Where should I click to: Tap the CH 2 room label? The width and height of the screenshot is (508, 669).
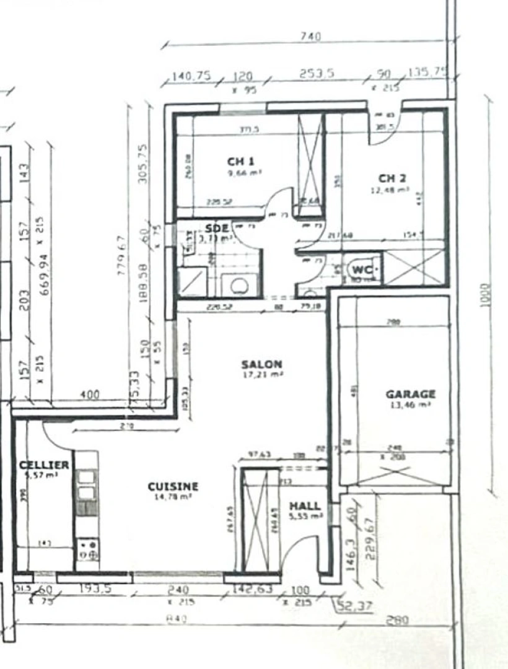(x=392, y=178)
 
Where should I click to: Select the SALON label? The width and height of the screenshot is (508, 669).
(x=261, y=364)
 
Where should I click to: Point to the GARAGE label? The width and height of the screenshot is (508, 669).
(x=410, y=394)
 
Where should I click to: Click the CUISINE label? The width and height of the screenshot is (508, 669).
(x=173, y=487)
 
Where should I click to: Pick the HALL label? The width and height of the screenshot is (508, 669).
(x=305, y=506)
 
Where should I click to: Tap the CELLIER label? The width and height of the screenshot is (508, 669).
(x=44, y=465)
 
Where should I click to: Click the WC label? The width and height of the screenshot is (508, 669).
(x=361, y=270)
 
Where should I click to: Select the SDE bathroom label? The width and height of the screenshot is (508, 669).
(x=217, y=228)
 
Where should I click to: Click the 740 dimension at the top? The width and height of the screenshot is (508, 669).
(x=310, y=37)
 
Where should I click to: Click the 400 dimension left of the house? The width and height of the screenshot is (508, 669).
(x=90, y=395)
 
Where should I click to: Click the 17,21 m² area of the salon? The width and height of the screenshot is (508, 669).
(x=261, y=375)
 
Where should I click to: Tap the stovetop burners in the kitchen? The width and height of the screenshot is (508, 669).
(x=87, y=549)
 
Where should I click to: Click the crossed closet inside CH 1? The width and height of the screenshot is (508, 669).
(x=310, y=164)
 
